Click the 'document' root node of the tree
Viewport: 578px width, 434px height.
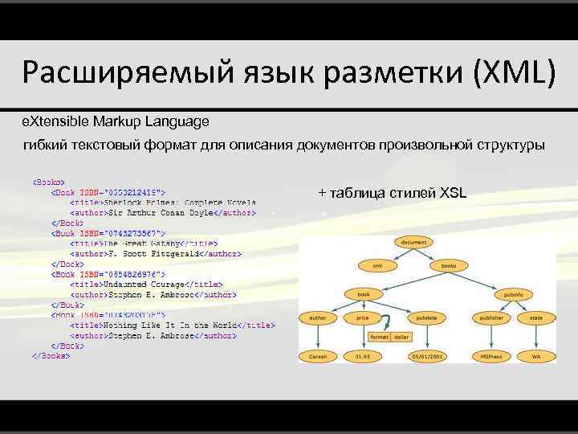click(x=413, y=241)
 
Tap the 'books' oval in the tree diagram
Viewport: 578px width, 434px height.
click(x=449, y=264)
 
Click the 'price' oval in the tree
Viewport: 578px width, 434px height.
click(x=363, y=317)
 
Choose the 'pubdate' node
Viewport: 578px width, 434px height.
click(x=426, y=317)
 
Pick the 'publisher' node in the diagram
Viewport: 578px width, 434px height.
click(x=492, y=317)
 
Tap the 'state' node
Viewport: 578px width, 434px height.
click(x=535, y=317)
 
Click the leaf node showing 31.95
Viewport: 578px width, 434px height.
click(x=363, y=354)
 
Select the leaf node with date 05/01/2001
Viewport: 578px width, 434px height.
click(x=426, y=354)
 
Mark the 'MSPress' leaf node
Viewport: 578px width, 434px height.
click(x=492, y=354)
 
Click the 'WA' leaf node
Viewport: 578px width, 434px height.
click(x=535, y=354)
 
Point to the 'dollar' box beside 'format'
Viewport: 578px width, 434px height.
click(x=401, y=337)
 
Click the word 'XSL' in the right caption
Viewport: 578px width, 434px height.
click(x=453, y=193)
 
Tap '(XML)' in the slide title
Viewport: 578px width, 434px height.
click(x=515, y=74)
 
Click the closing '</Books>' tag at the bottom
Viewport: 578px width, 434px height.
click(x=51, y=355)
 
